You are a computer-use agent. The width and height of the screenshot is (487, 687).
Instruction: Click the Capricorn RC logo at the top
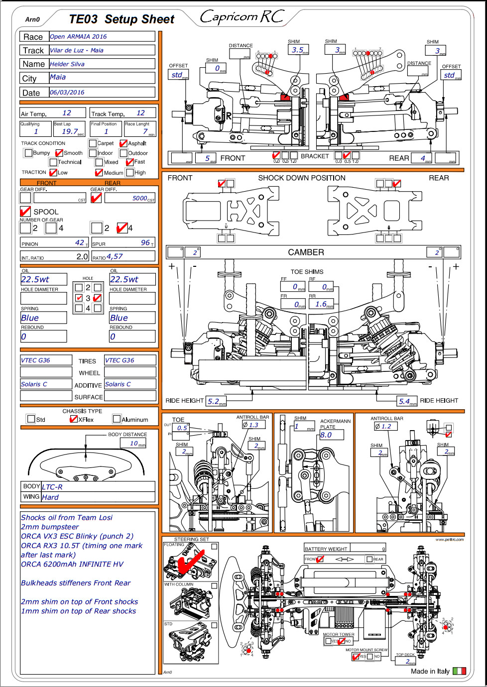[242, 17]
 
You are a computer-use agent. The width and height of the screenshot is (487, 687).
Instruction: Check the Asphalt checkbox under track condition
[123, 143]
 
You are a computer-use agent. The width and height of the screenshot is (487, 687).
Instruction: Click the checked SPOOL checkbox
[25, 212]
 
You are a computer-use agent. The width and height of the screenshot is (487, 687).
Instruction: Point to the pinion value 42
[80, 243]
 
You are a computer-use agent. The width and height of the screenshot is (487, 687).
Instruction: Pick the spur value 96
[145, 243]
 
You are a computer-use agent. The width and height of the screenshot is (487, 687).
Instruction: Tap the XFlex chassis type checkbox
[74, 419]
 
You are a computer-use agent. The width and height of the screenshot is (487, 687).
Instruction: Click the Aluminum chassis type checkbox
[117, 419]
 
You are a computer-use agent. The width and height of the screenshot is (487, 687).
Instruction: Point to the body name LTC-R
[52, 487]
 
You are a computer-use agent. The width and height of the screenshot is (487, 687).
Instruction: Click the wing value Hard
[50, 497]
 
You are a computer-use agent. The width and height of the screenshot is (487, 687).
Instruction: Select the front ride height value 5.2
[214, 401]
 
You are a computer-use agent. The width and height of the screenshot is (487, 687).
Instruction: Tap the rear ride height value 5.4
[404, 401]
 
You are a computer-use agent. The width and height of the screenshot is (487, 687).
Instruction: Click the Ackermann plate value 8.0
[326, 435]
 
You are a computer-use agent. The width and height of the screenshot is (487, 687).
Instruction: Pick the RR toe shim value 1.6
[321, 304]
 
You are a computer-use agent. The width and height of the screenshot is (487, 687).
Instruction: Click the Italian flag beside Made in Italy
[459, 671]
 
